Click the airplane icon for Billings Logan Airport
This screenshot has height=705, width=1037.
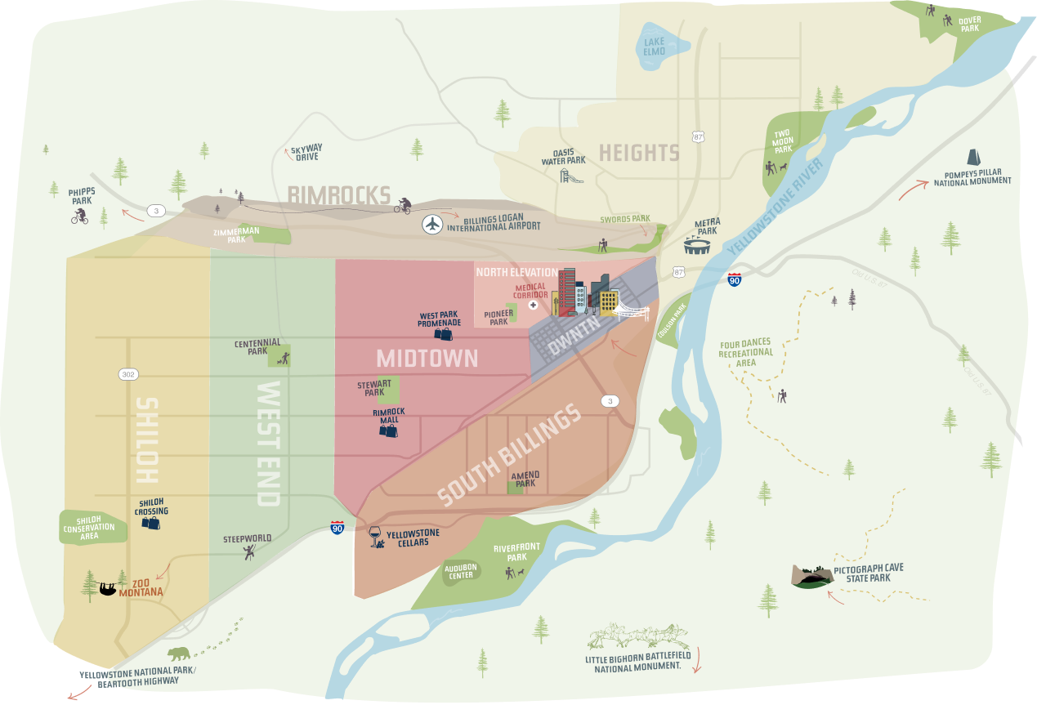[x=432, y=223]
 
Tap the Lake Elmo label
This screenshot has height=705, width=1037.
[x=654, y=47]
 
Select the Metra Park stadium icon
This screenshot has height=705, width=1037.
[x=696, y=245]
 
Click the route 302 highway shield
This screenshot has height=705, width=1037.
[x=128, y=374]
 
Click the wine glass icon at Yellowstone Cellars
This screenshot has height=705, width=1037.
[x=376, y=536]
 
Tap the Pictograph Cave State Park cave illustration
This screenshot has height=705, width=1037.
[x=811, y=577]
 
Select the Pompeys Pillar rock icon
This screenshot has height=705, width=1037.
[x=974, y=158]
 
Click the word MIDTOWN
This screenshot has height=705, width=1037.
[x=427, y=358]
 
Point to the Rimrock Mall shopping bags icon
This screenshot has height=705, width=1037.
[x=388, y=430]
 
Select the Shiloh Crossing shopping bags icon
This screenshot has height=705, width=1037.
[x=150, y=523]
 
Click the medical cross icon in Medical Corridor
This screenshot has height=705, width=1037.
[x=533, y=305]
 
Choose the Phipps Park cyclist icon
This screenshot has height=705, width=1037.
[x=79, y=216]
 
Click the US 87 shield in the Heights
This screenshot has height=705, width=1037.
[x=696, y=136]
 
